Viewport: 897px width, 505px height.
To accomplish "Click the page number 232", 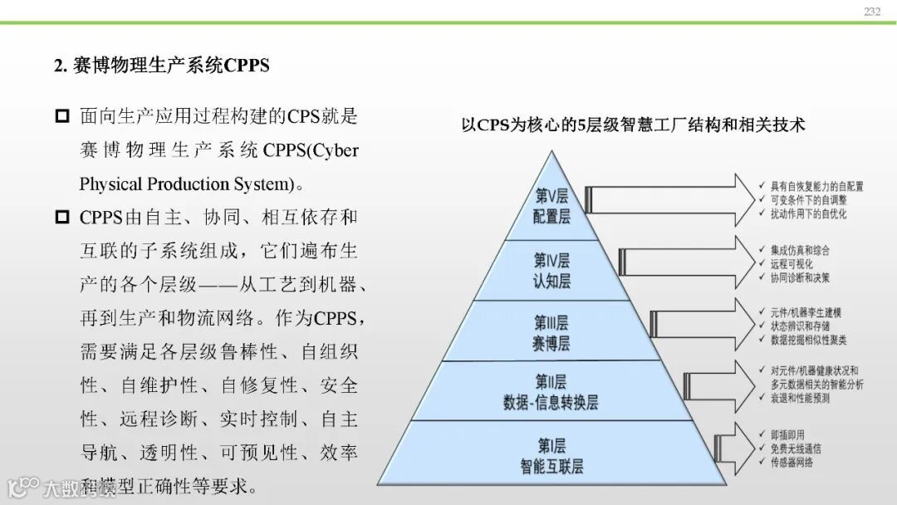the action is pyautogui.click(x=871, y=11).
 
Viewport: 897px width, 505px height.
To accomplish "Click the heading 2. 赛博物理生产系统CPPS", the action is pyautogui.click(x=162, y=66).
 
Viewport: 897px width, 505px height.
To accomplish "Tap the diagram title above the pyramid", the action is pyautogui.click(x=633, y=125).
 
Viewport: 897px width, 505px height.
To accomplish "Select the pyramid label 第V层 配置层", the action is pyautogui.click(x=552, y=206).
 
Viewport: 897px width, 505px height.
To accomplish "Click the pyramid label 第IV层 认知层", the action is pyautogui.click(x=551, y=270).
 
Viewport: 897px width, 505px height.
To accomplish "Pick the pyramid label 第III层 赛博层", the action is pyautogui.click(x=551, y=332).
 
